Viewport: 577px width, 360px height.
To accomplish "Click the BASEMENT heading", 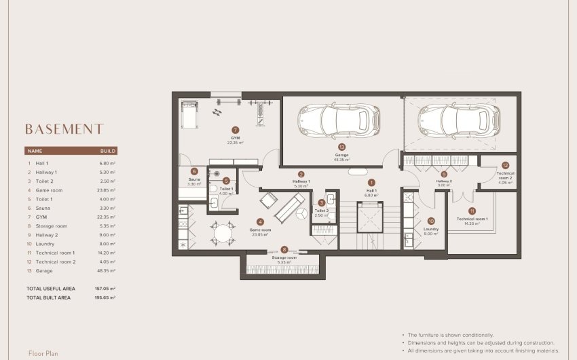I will click(64, 129).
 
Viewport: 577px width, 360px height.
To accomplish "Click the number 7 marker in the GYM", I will click(235, 130).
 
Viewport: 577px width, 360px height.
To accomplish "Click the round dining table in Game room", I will click(223, 233).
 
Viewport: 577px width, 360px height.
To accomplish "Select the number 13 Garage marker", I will click(341, 147).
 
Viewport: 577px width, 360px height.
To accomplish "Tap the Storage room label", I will click(284, 258).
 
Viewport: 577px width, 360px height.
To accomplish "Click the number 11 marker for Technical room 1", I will click(472, 211).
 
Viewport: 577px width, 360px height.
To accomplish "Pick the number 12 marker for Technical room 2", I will click(505, 165).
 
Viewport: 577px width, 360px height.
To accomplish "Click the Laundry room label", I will click(431, 230).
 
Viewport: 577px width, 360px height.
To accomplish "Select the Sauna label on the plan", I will click(194, 180).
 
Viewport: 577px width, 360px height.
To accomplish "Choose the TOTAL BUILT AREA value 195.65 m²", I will click(105, 298).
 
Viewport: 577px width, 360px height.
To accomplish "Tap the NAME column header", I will click(35, 151).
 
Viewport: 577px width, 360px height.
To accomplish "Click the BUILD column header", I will click(108, 151).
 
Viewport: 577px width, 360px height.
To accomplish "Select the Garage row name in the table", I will click(45, 270).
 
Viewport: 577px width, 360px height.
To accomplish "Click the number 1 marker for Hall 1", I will click(371, 182).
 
